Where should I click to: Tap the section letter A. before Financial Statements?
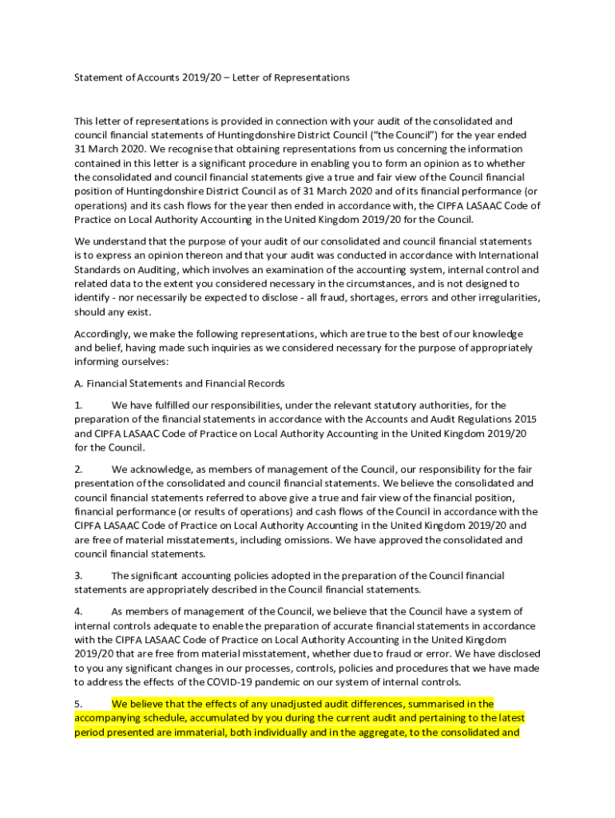tap(78, 383)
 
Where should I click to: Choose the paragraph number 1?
tap(78, 405)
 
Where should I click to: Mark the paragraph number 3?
tap(78, 575)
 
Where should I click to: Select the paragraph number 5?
tap(78, 704)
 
